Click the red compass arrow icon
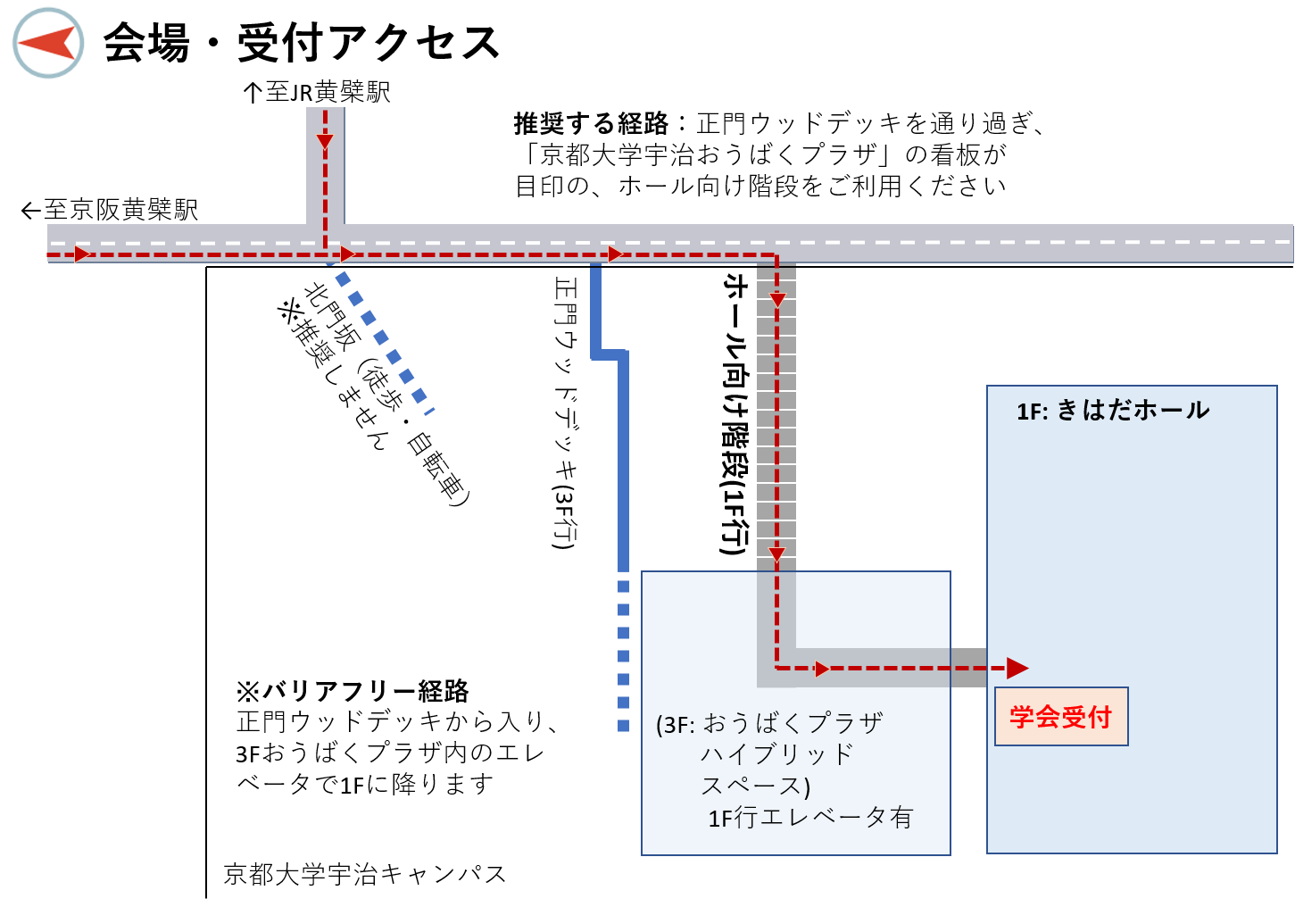tap(46, 43)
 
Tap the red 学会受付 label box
tap(1061, 716)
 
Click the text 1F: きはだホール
tap(1113, 411)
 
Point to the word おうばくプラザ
tap(793, 722)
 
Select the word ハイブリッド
tap(777, 754)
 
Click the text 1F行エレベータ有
tap(810, 818)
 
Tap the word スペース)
tap(755, 786)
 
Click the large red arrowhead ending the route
tap(1017, 668)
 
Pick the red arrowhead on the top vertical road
tap(325, 141)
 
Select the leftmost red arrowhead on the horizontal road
tap(82, 254)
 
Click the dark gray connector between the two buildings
tap(968, 668)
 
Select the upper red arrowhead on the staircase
tap(777, 300)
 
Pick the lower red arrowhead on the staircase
tap(776, 555)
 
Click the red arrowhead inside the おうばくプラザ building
tap(822, 669)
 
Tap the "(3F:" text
tap(676, 724)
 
